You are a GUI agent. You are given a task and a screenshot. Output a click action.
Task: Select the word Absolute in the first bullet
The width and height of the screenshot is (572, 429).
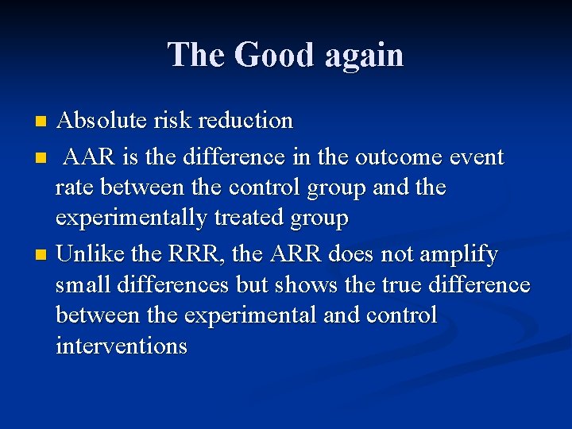point(98,121)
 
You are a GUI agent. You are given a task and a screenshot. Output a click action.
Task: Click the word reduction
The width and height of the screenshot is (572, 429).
point(245,121)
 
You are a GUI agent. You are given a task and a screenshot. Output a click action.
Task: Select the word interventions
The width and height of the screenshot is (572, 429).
point(122,346)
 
